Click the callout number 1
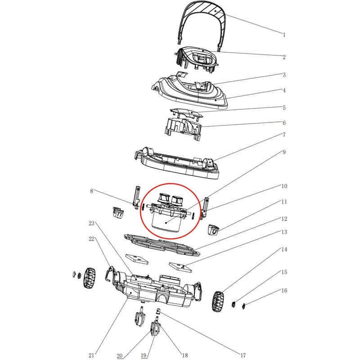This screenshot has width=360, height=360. pyautogui.click(x=284, y=35)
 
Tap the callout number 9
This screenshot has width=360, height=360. pyautogui.click(x=284, y=152)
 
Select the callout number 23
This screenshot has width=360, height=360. pyautogui.click(x=92, y=223)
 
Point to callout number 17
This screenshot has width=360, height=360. pyautogui.click(x=243, y=355)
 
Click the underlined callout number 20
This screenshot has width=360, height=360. pyautogui.click(x=120, y=356)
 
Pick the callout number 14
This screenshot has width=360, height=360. pyautogui.click(x=284, y=249)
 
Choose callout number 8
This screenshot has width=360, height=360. pyautogui.click(x=92, y=191)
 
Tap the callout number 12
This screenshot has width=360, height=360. pyautogui.click(x=284, y=219)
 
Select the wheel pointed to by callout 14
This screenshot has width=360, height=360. pyautogui.click(x=217, y=301)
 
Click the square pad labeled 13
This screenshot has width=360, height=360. pyautogui.click(x=180, y=267)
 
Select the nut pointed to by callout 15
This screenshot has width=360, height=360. pyautogui.click(x=233, y=305)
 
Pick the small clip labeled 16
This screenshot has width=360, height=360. pyautogui.click(x=243, y=306)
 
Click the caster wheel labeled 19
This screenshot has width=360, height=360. pyautogui.click(x=155, y=330)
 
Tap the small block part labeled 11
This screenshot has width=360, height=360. pyautogui.click(x=213, y=230)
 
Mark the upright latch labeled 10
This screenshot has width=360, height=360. pyautogui.click(x=205, y=208)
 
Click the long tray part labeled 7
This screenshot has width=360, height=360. pyautogui.click(x=176, y=163)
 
